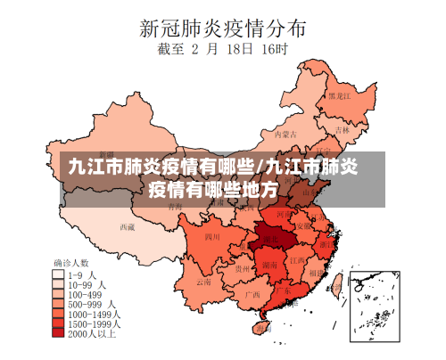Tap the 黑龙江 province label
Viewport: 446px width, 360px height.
[339, 94]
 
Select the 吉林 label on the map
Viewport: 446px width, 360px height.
[342, 129]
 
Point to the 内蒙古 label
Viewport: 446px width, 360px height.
[284, 135]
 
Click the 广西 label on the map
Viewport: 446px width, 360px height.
[252, 293]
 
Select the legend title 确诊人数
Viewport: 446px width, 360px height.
[72, 264]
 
